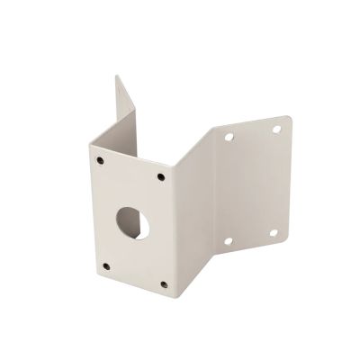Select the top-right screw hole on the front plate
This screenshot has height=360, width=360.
tap(162, 176)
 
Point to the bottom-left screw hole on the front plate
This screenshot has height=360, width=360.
tap(105, 265)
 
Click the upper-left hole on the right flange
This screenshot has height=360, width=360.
tap(228, 138)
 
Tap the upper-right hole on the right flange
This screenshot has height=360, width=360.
tap(277, 129)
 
